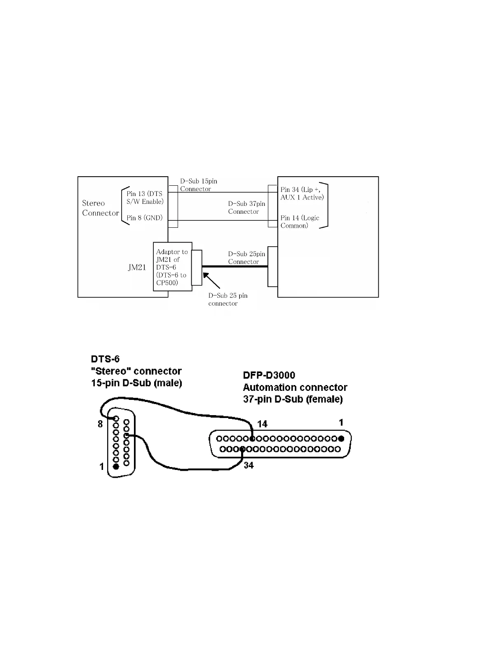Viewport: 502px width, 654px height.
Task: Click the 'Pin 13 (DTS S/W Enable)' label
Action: [145, 197]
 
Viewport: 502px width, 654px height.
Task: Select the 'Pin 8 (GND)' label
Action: [144, 217]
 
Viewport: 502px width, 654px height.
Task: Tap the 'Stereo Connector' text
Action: [100, 208]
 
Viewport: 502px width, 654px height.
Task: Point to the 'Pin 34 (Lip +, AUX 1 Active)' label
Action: [302, 193]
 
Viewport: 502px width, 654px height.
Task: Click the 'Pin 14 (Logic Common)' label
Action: [300, 222]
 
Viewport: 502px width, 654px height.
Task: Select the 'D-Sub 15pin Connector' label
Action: [198, 185]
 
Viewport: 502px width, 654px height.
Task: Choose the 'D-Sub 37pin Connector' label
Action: [246, 208]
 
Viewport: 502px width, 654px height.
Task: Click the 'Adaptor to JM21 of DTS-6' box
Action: [172, 267]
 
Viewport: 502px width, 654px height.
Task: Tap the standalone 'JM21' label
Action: [137, 267]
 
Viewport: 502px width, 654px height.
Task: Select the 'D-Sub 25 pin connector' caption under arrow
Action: [228, 299]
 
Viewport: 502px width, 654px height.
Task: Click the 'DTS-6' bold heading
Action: [106, 359]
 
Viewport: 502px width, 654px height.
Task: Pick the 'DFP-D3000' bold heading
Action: [269, 375]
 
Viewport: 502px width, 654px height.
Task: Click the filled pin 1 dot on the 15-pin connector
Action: [116, 466]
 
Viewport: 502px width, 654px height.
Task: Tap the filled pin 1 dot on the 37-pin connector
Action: [341, 439]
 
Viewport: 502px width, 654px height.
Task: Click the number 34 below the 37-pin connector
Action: [249, 465]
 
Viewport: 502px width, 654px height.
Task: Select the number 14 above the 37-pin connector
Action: [263, 424]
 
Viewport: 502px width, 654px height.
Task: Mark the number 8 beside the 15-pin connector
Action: [100, 424]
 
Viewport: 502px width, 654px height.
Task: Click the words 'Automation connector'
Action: [295, 388]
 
